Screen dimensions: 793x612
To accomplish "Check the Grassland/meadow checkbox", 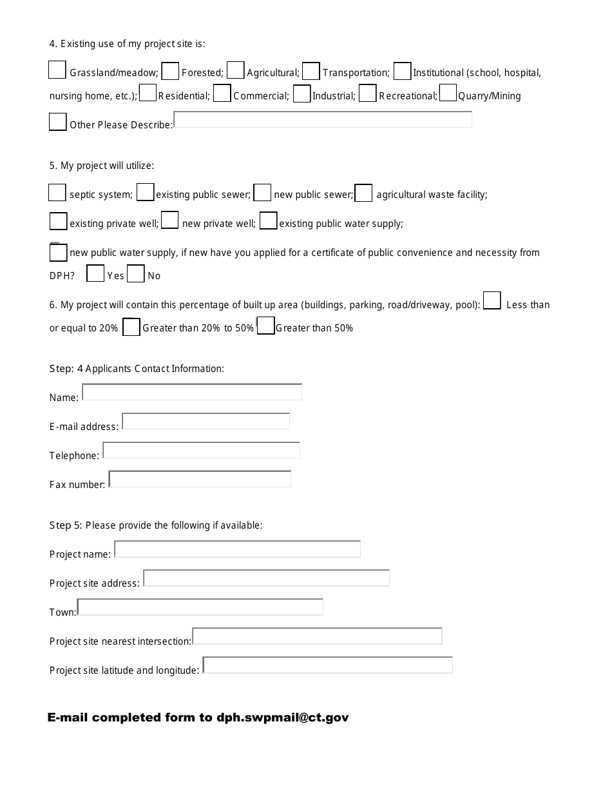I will [x=57, y=70].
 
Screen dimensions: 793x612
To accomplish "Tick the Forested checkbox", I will [x=170, y=71].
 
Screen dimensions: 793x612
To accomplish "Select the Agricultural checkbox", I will [x=236, y=70].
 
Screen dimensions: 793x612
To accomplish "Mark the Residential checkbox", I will [x=148, y=93].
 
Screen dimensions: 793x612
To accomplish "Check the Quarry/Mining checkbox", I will [x=448, y=93].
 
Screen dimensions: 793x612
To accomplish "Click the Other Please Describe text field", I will [x=323, y=120].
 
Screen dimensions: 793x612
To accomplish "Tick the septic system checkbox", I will [x=57, y=192].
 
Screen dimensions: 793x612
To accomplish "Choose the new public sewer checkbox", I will [x=262, y=193].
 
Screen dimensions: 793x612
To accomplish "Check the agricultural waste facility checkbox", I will [x=363, y=193].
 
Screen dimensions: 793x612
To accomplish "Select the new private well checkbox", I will [x=170, y=221].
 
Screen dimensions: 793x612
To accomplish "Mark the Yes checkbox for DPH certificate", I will [x=95, y=274].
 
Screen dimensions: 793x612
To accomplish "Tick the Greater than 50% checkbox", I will [x=266, y=326].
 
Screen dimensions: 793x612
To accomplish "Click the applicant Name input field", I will [x=192, y=392].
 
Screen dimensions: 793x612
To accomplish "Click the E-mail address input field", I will [x=206, y=422].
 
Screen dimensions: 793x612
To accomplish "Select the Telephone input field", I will [x=202, y=450].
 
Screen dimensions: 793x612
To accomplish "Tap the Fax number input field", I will [x=200, y=479].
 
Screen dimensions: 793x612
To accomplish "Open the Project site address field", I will [x=267, y=578].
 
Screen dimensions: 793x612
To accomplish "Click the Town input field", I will [x=200, y=607].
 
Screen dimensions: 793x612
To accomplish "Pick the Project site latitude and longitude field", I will [x=328, y=665].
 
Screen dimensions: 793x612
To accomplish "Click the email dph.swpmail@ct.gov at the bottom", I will [x=283, y=718].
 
